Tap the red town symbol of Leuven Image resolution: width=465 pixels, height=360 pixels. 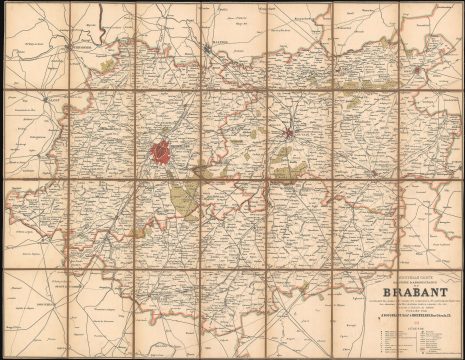290,131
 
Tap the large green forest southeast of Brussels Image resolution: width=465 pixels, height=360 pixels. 185,200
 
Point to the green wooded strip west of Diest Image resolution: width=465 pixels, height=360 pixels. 355,88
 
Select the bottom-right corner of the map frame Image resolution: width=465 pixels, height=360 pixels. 458,353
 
